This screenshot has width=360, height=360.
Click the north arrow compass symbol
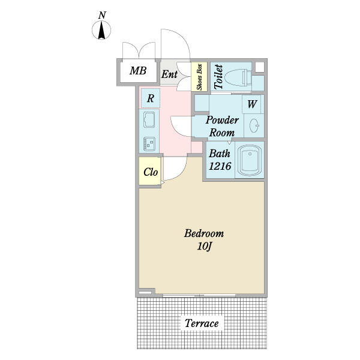(x=101, y=30)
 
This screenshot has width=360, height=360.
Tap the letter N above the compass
(x=102, y=15)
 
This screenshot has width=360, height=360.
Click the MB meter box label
(x=138, y=70)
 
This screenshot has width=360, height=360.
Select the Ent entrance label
(x=169, y=74)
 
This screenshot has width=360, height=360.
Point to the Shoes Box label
(x=199, y=77)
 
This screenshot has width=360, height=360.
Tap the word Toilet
(x=218, y=77)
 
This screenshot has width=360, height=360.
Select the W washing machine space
(x=252, y=104)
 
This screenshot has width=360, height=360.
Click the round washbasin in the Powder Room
(x=254, y=126)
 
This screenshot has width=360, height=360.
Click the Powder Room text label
(x=222, y=126)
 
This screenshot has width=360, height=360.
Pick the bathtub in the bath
(x=250, y=160)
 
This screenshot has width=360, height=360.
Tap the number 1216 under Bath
(x=220, y=166)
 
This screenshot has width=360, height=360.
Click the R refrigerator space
(x=151, y=98)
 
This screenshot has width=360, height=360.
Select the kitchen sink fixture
(x=149, y=119)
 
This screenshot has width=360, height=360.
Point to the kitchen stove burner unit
(x=149, y=144)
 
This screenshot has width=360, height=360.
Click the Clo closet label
(x=151, y=172)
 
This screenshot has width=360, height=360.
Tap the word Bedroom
(x=204, y=233)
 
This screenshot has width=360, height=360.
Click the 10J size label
(x=204, y=247)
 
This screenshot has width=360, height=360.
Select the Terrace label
(x=202, y=323)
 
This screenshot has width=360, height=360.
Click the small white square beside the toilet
(x=260, y=67)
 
